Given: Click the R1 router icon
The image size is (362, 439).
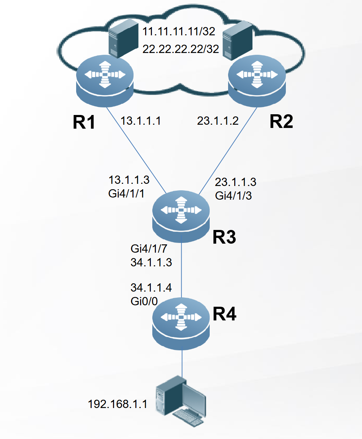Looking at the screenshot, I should coord(105,82).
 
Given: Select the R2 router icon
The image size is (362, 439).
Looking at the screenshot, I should coord(257,82).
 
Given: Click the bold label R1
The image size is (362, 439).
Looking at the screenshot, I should coord(84,123).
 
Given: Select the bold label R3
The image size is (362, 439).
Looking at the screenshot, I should coord(224,237).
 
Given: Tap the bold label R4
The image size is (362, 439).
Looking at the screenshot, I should coord(224,314).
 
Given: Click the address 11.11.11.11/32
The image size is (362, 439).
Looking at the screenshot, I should coord(179,31).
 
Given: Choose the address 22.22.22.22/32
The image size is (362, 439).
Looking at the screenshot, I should coord(181,49).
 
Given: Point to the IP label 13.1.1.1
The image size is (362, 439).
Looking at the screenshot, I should coord(140,121).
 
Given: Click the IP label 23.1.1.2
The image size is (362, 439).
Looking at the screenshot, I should coord(218,121).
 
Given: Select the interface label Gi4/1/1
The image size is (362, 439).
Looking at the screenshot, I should coord(126,194).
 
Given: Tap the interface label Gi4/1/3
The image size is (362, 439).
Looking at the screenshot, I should coord(233,196).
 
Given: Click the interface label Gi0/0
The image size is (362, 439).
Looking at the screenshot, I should coord(144,301).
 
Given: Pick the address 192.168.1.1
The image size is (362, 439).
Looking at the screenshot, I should coord(118,404).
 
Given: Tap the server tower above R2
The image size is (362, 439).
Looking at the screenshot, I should coord(237,40).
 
